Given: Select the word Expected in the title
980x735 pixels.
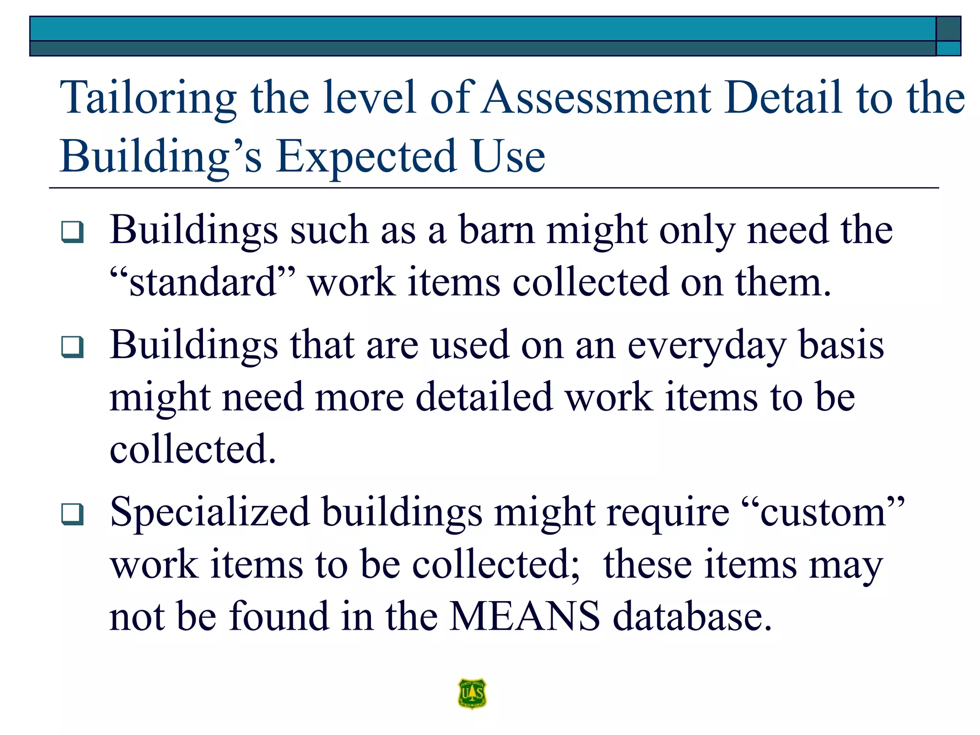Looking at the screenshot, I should (366, 156).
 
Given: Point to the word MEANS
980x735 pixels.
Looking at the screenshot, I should (524, 616).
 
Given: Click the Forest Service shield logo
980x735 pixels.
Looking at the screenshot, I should (472, 693).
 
